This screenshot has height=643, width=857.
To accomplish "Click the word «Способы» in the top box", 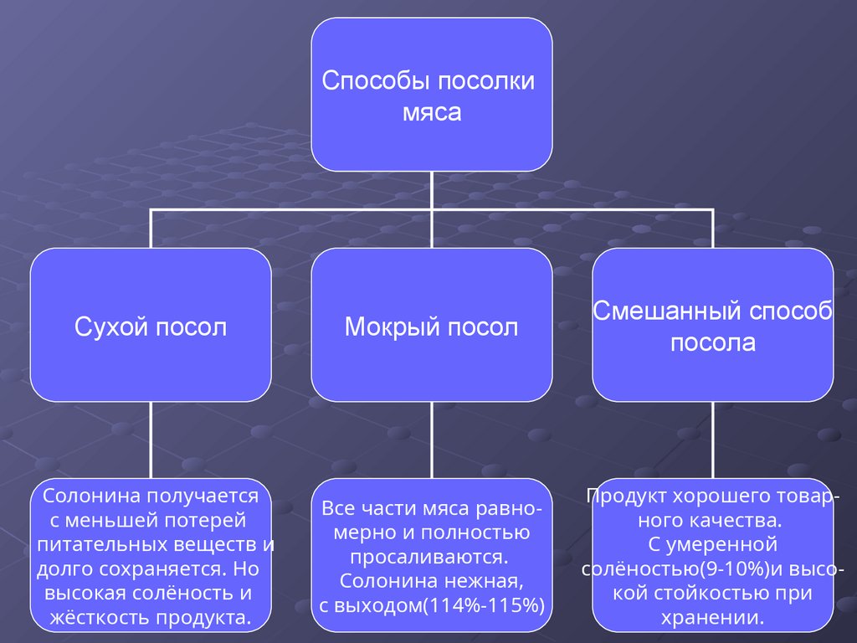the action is pyautogui.click(x=363, y=82).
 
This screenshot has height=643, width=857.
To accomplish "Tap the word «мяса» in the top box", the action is pyautogui.click(x=432, y=112).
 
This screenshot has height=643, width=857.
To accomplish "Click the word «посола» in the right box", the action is pyautogui.click(x=713, y=342).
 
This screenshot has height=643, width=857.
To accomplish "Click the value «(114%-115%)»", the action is pyautogui.click(x=485, y=604).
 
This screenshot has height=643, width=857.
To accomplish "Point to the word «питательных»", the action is pyautogui.click(x=99, y=545).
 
